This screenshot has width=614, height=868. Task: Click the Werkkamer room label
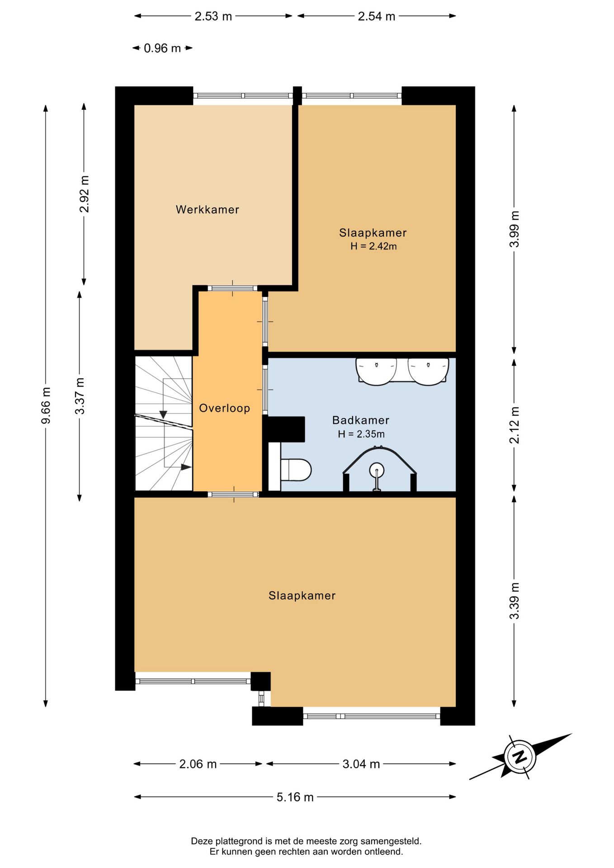click(207, 210)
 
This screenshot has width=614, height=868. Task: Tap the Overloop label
click(225, 408)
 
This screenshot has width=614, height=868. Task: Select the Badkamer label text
click(361, 420)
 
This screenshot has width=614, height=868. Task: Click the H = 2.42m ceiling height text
click(373, 246)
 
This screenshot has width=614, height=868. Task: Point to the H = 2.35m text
click(361, 434)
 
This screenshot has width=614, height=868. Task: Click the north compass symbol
click(520, 756)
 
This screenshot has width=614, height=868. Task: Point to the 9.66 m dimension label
click(46, 406)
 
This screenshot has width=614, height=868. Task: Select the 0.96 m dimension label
click(162, 48)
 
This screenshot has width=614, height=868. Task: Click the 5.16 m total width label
click(295, 797)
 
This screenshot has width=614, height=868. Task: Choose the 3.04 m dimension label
click(361, 764)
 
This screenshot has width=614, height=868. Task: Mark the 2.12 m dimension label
click(515, 425)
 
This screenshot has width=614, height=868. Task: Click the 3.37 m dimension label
click(80, 396)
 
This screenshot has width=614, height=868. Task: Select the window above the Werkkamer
click(243, 96)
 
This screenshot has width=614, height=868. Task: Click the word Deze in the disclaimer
click(202, 841)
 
